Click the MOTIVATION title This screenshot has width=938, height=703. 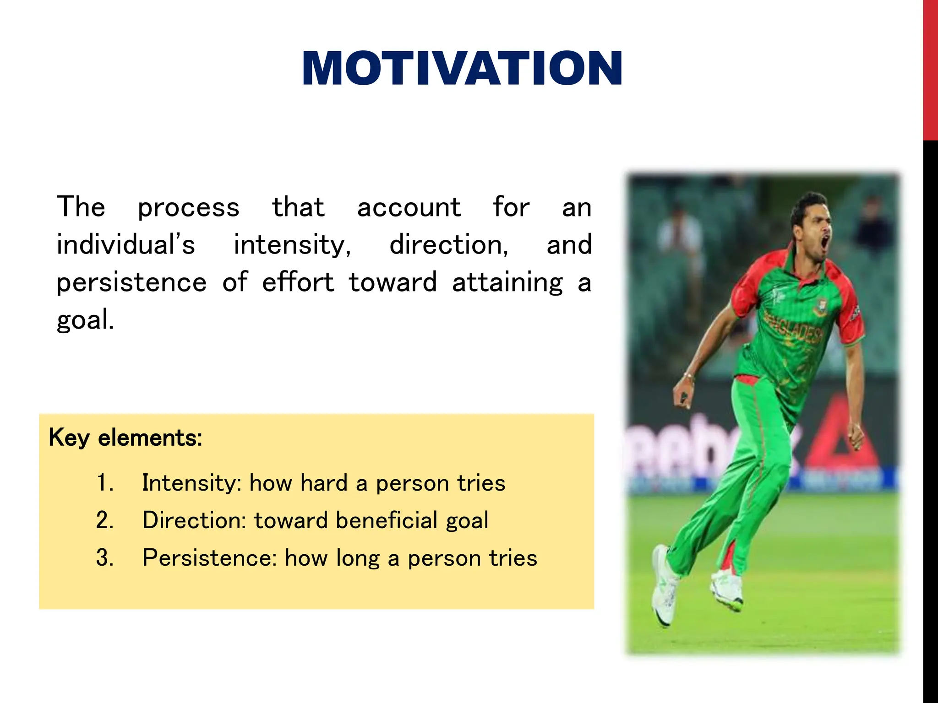[462, 69]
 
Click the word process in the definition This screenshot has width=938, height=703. [188, 208]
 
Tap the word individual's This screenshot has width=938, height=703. [125, 245]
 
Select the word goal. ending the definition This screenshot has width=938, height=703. [85, 319]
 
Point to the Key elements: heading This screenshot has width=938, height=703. [125, 438]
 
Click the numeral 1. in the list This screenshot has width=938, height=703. [105, 483]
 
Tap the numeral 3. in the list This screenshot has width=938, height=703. [105, 558]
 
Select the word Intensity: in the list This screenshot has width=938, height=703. [191, 483]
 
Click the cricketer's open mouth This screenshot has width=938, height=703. [824, 243]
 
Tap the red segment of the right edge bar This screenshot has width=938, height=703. [930, 69]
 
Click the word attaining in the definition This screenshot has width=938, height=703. [507, 282]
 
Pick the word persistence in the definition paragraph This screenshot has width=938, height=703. [131, 282]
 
